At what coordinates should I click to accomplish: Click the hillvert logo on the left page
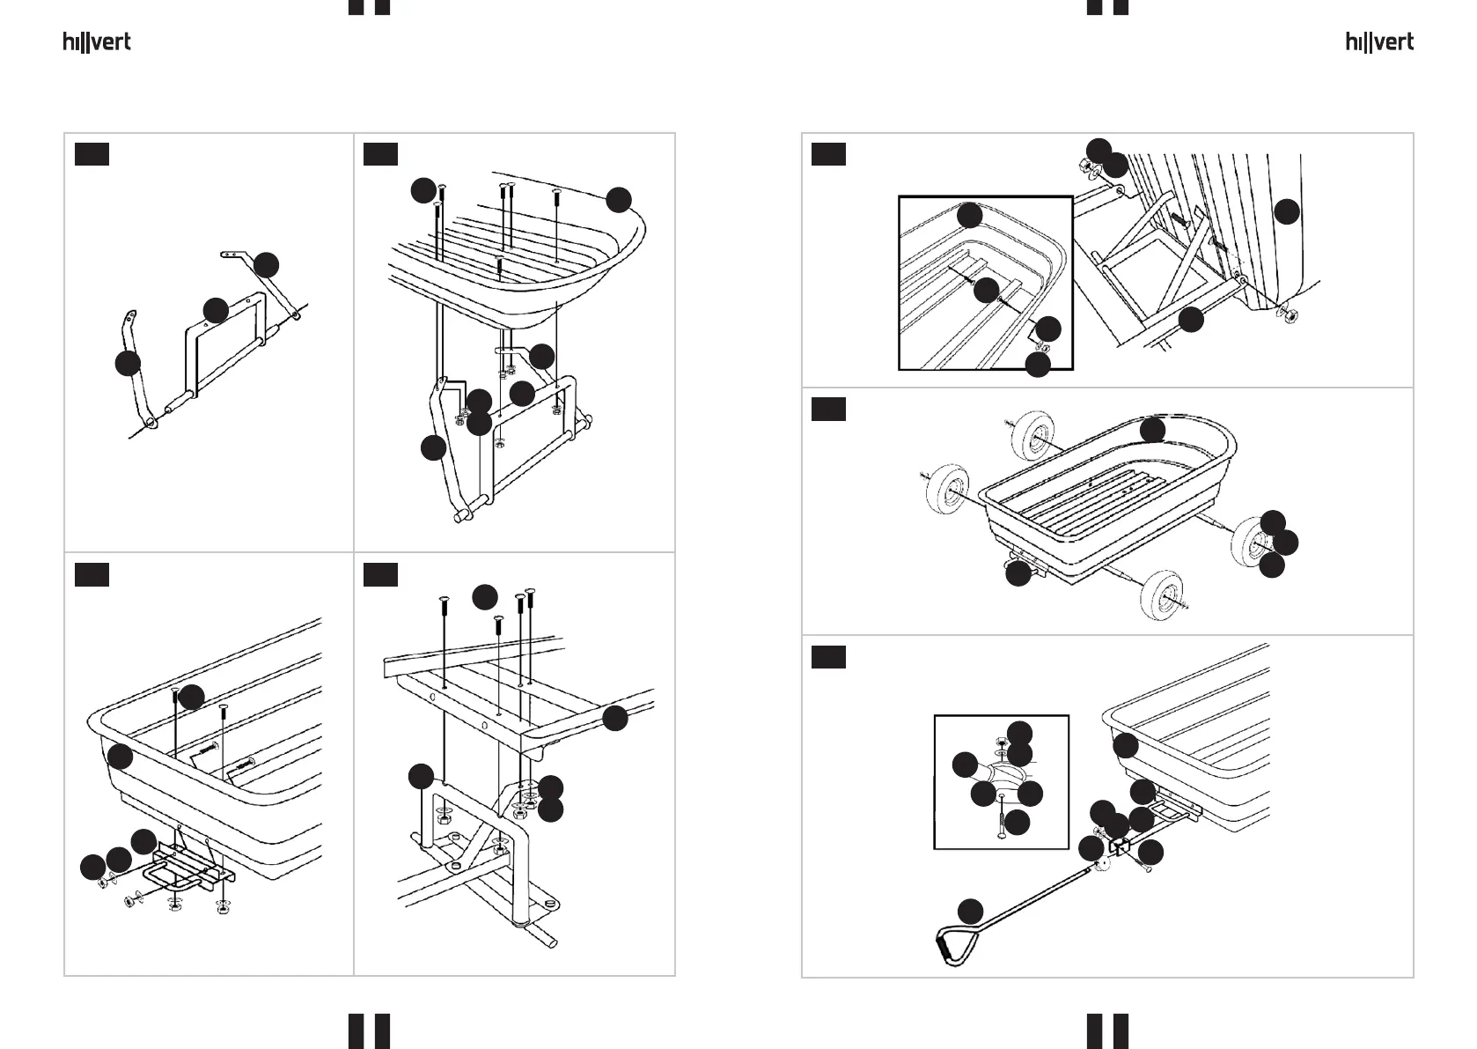[x=97, y=42]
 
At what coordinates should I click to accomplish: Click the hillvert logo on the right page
[x=1379, y=42]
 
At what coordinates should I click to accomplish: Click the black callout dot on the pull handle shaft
[x=970, y=912]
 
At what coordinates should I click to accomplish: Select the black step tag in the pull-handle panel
[x=828, y=657]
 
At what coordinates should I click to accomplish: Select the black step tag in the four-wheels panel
[x=828, y=409]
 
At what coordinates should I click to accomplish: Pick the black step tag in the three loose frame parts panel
[x=92, y=154]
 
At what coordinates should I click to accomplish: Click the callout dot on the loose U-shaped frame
[x=216, y=311]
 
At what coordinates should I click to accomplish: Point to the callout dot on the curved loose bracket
[x=128, y=364]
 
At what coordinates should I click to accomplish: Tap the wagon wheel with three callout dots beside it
[x=1250, y=542]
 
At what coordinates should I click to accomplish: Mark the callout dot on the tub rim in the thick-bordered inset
[x=969, y=216]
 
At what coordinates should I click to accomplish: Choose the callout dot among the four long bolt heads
[x=485, y=597]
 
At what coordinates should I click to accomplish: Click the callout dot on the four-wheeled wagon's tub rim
[x=1152, y=430]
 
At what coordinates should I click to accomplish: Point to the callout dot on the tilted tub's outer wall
[x=1287, y=211]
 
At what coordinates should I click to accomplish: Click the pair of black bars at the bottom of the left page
[x=370, y=1031]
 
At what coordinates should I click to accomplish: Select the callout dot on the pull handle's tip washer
[x=1091, y=848]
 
